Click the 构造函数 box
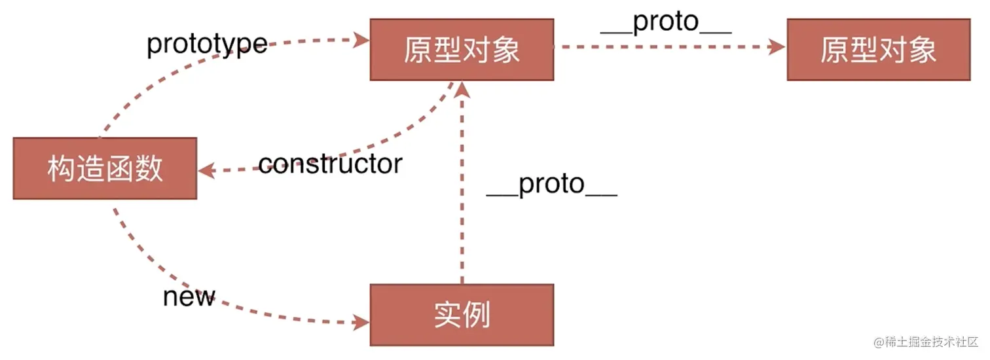point(105,168)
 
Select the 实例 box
point(462,315)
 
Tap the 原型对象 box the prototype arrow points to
point(462,50)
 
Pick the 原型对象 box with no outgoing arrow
point(879,50)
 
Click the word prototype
point(207,44)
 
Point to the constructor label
point(330,164)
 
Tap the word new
point(189,297)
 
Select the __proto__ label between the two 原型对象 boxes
point(666,22)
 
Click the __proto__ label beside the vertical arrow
point(551,184)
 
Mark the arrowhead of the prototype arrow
point(361,40)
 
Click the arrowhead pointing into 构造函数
point(206,170)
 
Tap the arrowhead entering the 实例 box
point(361,322)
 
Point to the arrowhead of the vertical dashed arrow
point(462,89)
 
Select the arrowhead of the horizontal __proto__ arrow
point(777,46)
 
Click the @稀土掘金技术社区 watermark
point(926,342)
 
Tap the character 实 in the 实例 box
point(448,315)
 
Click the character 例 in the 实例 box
point(477,315)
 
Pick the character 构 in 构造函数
point(62,168)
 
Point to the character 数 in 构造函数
point(149,168)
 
